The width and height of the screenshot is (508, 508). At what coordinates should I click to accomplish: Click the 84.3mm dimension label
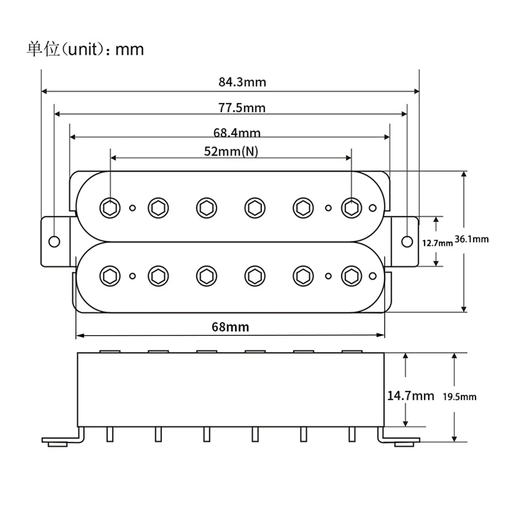click(x=242, y=82)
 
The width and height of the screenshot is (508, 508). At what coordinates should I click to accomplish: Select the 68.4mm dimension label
click(x=237, y=133)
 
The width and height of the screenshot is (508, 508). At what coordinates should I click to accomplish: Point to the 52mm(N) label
click(x=231, y=151)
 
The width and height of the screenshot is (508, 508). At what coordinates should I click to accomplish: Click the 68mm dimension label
click(x=230, y=327)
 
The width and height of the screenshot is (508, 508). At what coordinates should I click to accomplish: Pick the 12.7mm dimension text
click(x=437, y=243)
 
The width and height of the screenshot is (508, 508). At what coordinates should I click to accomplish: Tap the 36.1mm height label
click(x=471, y=239)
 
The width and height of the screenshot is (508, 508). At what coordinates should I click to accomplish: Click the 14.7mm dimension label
click(x=411, y=396)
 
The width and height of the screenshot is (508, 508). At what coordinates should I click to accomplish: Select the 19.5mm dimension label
click(x=459, y=397)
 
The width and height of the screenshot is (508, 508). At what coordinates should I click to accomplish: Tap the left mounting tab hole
click(x=54, y=241)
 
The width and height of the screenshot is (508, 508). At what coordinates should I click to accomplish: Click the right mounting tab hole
click(x=406, y=241)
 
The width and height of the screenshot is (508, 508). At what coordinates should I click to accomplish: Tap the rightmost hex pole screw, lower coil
click(x=351, y=276)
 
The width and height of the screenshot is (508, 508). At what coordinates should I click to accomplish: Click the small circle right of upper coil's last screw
click(x=373, y=208)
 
